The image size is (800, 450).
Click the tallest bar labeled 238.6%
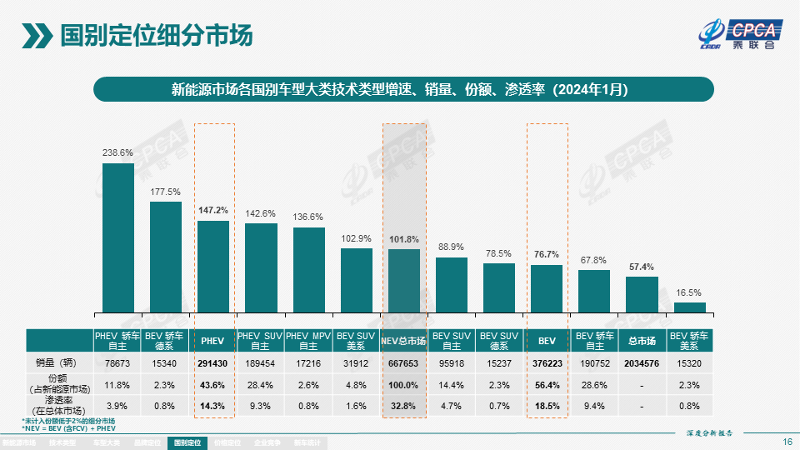point(118,237)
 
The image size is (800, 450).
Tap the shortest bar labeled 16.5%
point(690,307)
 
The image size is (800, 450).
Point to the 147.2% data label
point(213,211)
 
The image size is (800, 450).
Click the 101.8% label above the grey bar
point(404,239)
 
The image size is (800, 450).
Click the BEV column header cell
point(547,341)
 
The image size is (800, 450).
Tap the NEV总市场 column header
point(404,341)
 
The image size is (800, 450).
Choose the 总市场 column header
point(642,341)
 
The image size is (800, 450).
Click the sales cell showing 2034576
point(642,363)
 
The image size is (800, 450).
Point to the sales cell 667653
point(404,363)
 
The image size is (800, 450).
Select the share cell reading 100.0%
point(404,385)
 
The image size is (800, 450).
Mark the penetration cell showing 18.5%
point(547,407)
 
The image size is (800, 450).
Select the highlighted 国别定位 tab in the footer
point(188,442)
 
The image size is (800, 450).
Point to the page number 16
point(787,442)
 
